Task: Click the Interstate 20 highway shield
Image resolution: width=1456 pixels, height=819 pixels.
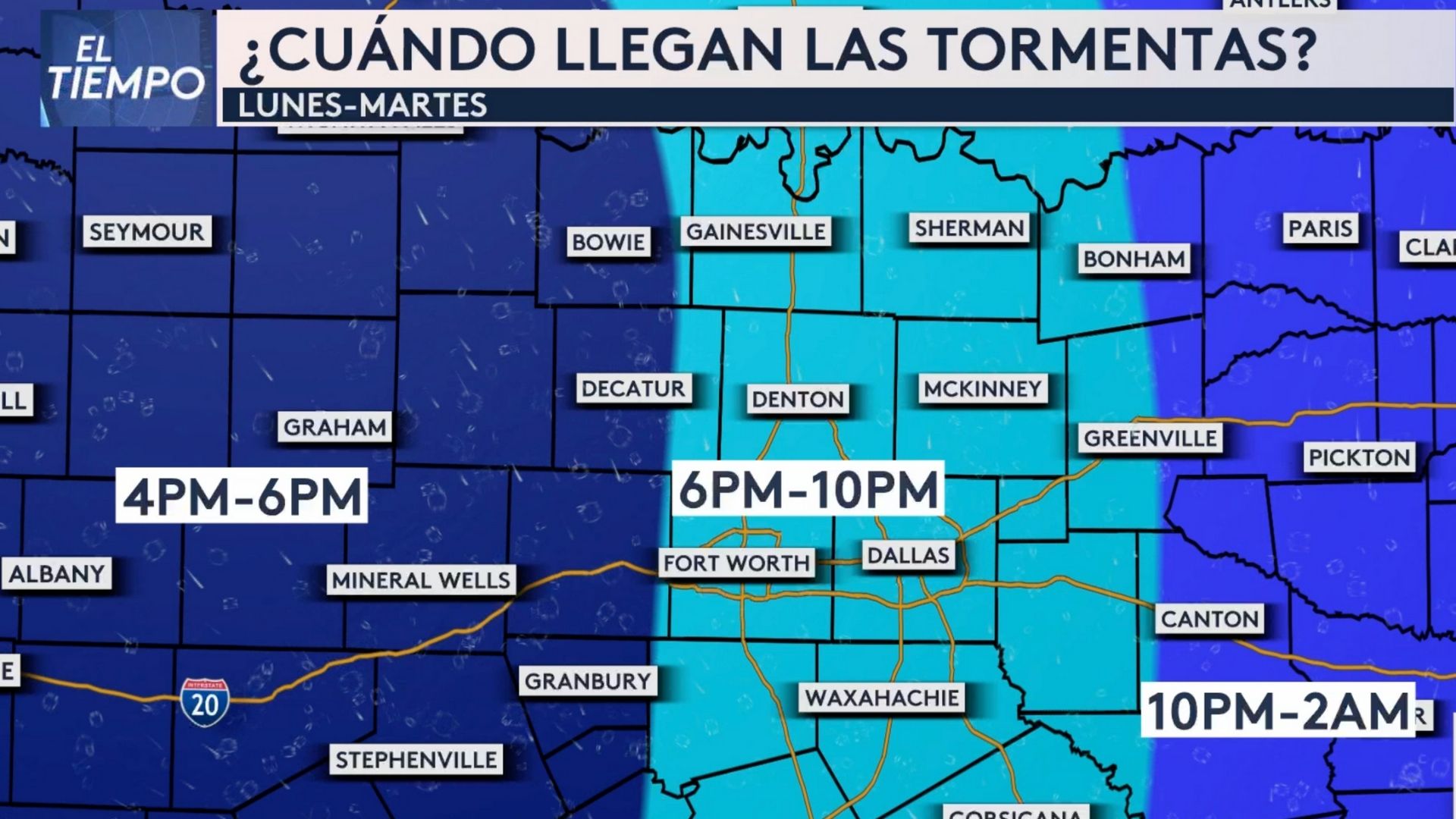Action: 205,702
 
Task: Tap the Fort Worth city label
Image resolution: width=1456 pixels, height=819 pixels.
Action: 736,563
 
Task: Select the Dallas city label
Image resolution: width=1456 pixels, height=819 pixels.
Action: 908,556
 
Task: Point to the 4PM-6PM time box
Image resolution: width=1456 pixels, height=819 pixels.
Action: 242,497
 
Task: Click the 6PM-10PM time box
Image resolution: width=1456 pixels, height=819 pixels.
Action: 808,489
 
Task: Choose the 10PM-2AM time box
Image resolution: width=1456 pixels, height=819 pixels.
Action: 1278,711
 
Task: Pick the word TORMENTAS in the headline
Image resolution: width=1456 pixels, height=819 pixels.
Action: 1122,49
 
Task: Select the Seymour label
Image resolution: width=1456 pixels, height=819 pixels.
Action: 146,232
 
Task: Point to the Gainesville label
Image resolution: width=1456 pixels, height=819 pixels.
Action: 755,231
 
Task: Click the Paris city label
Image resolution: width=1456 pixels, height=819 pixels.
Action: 1320,228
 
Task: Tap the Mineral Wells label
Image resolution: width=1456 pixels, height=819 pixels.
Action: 421,581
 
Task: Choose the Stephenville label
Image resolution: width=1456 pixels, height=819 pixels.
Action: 416,760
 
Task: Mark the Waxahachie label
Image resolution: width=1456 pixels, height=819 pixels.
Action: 882,698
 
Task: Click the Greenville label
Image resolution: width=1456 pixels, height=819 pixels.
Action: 1150,438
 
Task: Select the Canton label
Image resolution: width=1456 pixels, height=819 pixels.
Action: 1210,619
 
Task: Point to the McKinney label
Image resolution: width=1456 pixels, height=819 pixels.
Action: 982,389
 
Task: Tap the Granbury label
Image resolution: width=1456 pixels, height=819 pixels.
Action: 588,681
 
